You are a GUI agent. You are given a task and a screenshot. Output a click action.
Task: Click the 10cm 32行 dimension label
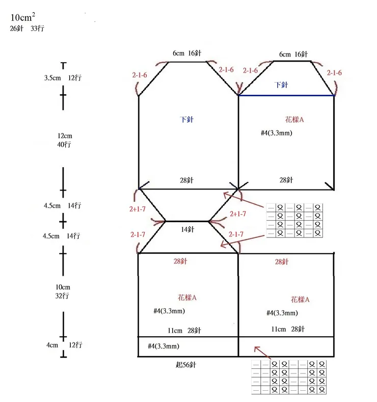(63, 291)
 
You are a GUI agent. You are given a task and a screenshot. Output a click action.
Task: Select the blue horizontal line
(286, 95)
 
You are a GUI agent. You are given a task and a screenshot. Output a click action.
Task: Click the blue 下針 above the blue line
(281, 85)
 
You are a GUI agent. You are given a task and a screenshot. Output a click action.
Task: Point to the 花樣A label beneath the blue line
(294, 120)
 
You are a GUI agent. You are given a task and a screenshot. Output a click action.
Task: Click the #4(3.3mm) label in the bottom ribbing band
(163, 346)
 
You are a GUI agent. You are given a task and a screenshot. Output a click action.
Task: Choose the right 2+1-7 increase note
(238, 214)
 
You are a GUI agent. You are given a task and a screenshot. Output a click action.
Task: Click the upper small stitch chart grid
(295, 220)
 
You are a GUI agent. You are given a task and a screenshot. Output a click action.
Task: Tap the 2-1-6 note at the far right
(334, 73)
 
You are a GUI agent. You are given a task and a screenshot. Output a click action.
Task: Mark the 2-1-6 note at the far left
(140, 75)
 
